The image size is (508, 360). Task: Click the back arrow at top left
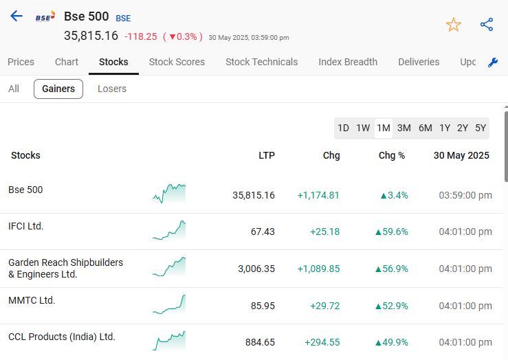16,16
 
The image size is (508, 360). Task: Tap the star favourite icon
454,25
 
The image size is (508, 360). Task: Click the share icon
487,25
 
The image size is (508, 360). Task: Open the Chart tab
67,62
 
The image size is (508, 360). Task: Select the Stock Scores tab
177,62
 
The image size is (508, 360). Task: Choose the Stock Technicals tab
261,62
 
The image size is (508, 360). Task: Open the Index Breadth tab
348,62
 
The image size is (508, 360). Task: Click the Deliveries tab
419,62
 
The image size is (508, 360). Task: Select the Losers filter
112,89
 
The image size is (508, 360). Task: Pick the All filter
14,89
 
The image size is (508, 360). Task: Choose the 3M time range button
404,128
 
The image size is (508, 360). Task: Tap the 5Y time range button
481,128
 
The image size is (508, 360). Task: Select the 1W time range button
363,128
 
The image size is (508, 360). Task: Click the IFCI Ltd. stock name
26,226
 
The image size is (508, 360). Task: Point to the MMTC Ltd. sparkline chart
169,304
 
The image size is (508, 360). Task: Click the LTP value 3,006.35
256,269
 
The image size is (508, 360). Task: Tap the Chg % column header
392,155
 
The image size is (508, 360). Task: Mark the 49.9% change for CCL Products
391,341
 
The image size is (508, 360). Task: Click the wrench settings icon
492,63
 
